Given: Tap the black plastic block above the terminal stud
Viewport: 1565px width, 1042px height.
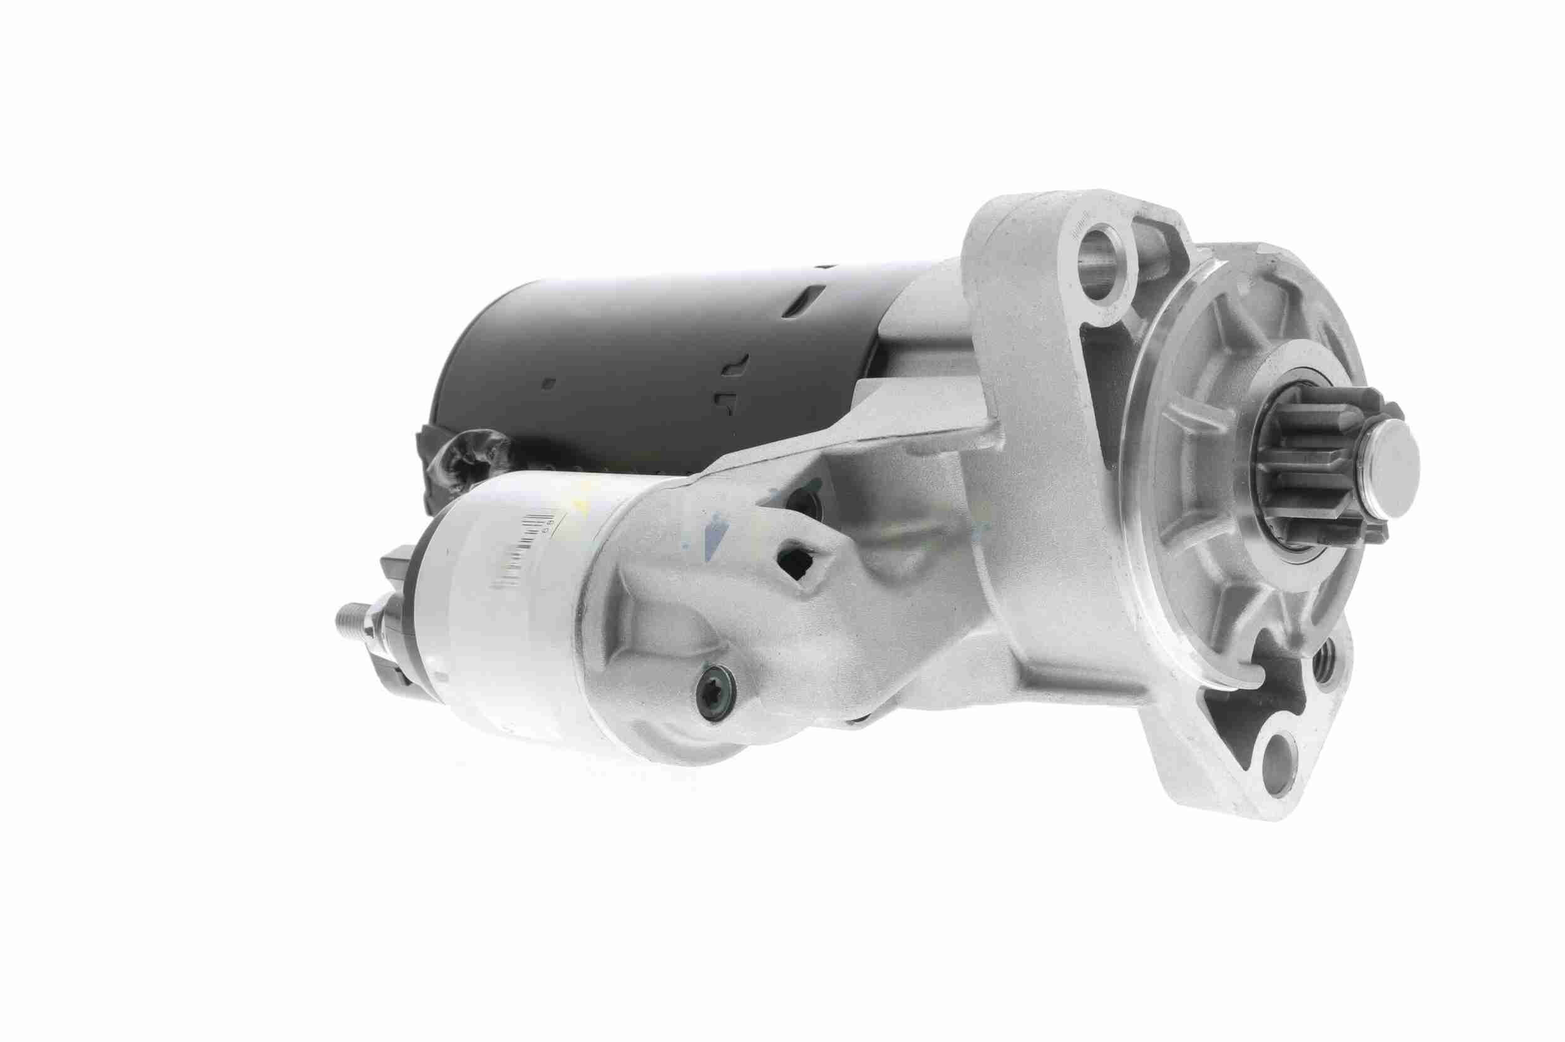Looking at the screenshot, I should [x=399, y=565].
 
